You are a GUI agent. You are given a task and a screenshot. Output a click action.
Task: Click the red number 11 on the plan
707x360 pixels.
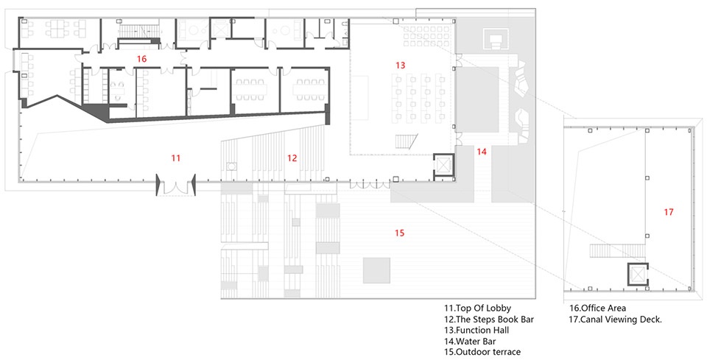pos(176,158)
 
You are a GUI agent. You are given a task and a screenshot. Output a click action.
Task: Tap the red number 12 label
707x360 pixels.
pos(292,158)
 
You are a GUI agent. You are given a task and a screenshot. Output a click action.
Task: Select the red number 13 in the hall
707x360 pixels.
pos(401,66)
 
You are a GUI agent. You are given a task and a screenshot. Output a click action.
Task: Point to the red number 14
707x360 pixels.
pos(482,152)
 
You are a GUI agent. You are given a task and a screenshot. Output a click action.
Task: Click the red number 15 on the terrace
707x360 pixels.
pos(399,233)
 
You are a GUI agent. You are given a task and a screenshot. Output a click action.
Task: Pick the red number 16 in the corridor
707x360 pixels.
pos(142,59)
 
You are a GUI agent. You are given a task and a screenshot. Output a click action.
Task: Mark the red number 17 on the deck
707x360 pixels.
pos(669,211)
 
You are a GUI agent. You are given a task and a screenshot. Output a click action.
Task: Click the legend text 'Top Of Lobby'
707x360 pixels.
pos(483,308)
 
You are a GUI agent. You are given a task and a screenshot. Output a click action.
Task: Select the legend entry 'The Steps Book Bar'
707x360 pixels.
pos(495,320)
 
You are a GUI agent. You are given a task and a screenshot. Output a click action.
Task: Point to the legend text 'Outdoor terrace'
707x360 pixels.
pos(488,352)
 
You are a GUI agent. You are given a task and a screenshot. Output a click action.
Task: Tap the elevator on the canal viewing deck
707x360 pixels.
pos(638,274)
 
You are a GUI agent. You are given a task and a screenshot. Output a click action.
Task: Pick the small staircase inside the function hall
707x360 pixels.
pos(407,141)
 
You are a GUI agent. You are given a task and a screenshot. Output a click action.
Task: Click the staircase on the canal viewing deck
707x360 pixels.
pos(618,250)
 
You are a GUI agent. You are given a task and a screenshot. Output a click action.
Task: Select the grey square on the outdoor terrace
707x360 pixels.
pos(376,270)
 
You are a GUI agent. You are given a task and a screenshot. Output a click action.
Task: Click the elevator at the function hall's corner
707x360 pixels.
pos(443,166)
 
